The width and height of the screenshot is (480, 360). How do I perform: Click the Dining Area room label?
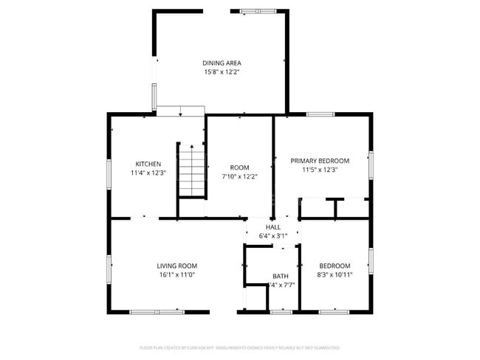(x=222, y=63)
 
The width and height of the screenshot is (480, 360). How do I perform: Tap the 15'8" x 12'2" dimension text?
(x=222, y=72)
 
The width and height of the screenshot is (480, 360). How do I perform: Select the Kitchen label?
(x=148, y=164)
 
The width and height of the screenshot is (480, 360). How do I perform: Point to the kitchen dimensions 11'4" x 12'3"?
(x=148, y=173)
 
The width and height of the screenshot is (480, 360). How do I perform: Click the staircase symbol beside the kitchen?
(x=191, y=170)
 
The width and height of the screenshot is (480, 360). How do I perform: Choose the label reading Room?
(x=239, y=167)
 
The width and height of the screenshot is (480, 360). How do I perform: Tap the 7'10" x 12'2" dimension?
(x=239, y=176)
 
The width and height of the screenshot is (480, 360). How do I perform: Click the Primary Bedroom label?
(x=320, y=160)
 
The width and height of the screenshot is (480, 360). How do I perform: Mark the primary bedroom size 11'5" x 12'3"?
(x=320, y=169)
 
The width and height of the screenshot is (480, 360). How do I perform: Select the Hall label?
(x=273, y=227)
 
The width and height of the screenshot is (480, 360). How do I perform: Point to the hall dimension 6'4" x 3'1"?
(x=273, y=235)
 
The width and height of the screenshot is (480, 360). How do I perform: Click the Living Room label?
(x=177, y=266)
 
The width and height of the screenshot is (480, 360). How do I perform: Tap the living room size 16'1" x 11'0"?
(x=177, y=274)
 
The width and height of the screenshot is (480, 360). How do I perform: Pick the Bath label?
(x=280, y=276)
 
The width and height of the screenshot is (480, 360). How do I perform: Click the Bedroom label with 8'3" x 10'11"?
(x=335, y=266)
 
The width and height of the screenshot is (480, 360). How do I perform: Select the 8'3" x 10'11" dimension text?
(x=335, y=274)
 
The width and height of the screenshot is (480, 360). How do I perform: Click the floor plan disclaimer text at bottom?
(x=240, y=347)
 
